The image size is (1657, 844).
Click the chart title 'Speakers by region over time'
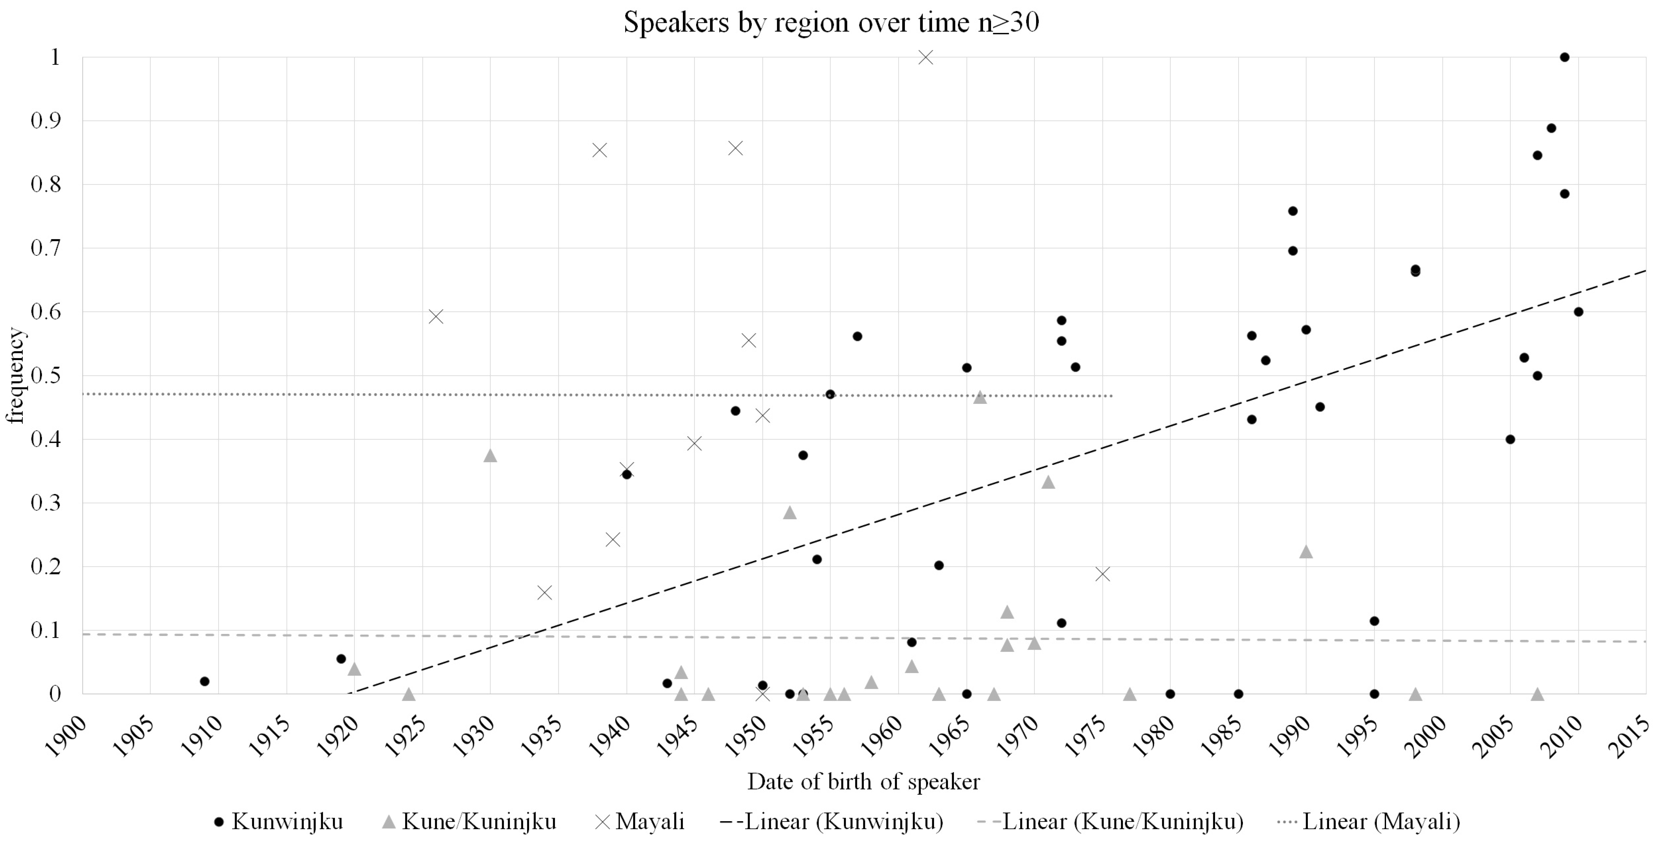point(831,23)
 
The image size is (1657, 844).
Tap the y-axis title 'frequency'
point(15,376)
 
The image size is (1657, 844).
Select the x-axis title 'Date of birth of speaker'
point(863,782)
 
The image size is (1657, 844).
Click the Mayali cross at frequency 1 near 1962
point(926,57)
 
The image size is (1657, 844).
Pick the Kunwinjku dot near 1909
point(205,681)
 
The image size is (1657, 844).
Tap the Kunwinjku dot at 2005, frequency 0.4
point(1510,439)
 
